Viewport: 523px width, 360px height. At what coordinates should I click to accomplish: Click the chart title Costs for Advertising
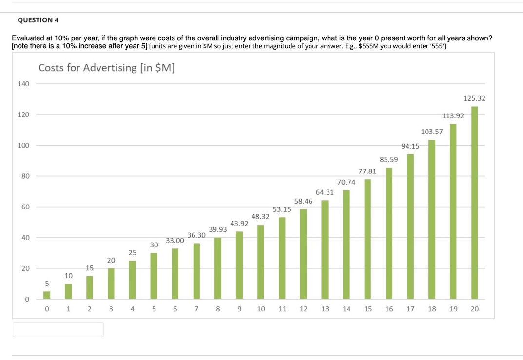(107, 68)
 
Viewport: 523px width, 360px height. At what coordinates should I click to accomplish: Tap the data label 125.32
(474, 98)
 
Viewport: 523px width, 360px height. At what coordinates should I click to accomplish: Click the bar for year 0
(47, 295)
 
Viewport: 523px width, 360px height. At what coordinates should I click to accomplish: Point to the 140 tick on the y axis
(23, 84)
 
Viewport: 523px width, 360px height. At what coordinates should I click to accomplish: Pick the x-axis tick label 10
(261, 309)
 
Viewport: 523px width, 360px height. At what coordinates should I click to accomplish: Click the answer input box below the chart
(58, 329)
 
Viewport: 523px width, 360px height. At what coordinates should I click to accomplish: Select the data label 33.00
(175, 241)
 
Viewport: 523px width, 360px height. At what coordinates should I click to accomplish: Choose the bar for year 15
(368, 239)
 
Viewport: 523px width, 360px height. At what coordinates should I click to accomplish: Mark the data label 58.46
(304, 201)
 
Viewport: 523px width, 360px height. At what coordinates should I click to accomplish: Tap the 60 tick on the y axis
(24, 207)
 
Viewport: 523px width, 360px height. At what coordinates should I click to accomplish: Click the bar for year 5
(154, 276)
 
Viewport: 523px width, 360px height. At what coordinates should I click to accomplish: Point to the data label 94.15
(410, 146)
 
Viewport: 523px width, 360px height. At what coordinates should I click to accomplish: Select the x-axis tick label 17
(410, 309)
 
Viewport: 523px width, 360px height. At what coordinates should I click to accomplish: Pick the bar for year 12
(304, 254)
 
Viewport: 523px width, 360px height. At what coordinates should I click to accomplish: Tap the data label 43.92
(239, 224)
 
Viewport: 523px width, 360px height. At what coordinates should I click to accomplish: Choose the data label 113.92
(453, 116)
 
